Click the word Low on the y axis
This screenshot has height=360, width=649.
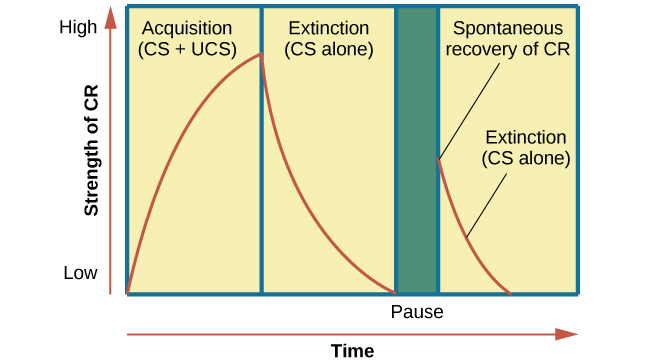(81, 273)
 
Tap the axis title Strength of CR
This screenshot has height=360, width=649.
(92, 150)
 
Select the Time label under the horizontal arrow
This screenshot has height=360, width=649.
(352, 351)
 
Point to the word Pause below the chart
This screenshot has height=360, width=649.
(417, 312)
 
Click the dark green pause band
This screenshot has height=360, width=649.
(417, 150)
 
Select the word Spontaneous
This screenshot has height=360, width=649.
(509, 28)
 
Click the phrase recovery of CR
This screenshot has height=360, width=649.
(509, 48)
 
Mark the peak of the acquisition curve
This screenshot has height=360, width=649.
(261, 54)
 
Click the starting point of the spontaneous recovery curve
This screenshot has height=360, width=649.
(439, 159)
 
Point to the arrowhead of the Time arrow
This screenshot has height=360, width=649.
(569, 334)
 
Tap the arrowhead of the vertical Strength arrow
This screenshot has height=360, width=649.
(106, 16)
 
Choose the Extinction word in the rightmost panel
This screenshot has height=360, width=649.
(525, 137)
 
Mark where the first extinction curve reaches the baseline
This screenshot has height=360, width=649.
(394, 292)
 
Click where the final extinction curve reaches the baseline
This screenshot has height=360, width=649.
(510, 292)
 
